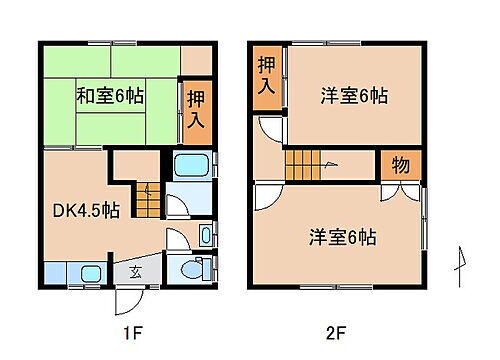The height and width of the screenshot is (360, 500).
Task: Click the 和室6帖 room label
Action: click(x=109, y=97)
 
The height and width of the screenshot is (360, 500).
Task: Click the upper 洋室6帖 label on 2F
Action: click(x=354, y=96)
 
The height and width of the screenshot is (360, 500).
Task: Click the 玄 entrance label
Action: click(x=135, y=271)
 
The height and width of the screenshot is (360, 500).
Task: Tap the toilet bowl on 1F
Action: click(x=199, y=268)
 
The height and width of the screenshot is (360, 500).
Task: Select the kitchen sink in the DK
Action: click(x=89, y=272)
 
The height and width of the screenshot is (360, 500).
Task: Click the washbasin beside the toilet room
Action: click(x=205, y=236)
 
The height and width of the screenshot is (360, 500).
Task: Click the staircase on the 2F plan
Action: click(x=312, y=163)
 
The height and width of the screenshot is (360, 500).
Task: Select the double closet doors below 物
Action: click(x=399, y=190)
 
